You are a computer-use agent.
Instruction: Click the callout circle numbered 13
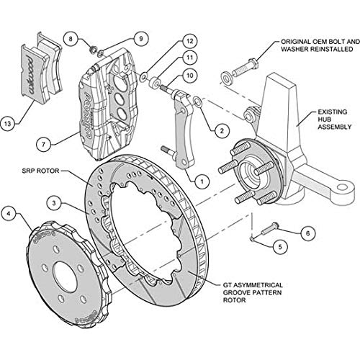(7, 124)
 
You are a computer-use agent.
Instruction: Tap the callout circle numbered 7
(43, 145)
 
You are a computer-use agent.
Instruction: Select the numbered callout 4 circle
(9, 214)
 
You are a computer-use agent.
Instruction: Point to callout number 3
(54, 203)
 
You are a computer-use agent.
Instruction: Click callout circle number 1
(202, 181)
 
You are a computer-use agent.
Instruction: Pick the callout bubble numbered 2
(222, 130)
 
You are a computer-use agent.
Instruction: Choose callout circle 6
(308, 233)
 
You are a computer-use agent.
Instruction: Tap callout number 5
(280, 247)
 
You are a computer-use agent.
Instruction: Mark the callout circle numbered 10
(190, 76)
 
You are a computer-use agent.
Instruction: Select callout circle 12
(190, 41)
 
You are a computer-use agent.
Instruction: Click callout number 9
(141, 39)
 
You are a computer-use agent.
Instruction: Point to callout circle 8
(71, 39)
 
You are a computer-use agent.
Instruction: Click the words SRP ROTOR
(40, 171)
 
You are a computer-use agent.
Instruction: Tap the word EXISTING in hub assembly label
(333, 112)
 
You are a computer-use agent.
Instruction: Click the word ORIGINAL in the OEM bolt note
(296, 42)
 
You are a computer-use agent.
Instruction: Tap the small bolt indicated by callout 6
(270, 229)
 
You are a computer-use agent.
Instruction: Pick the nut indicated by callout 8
(92, 50)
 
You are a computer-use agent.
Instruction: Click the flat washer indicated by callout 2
(198, 102)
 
